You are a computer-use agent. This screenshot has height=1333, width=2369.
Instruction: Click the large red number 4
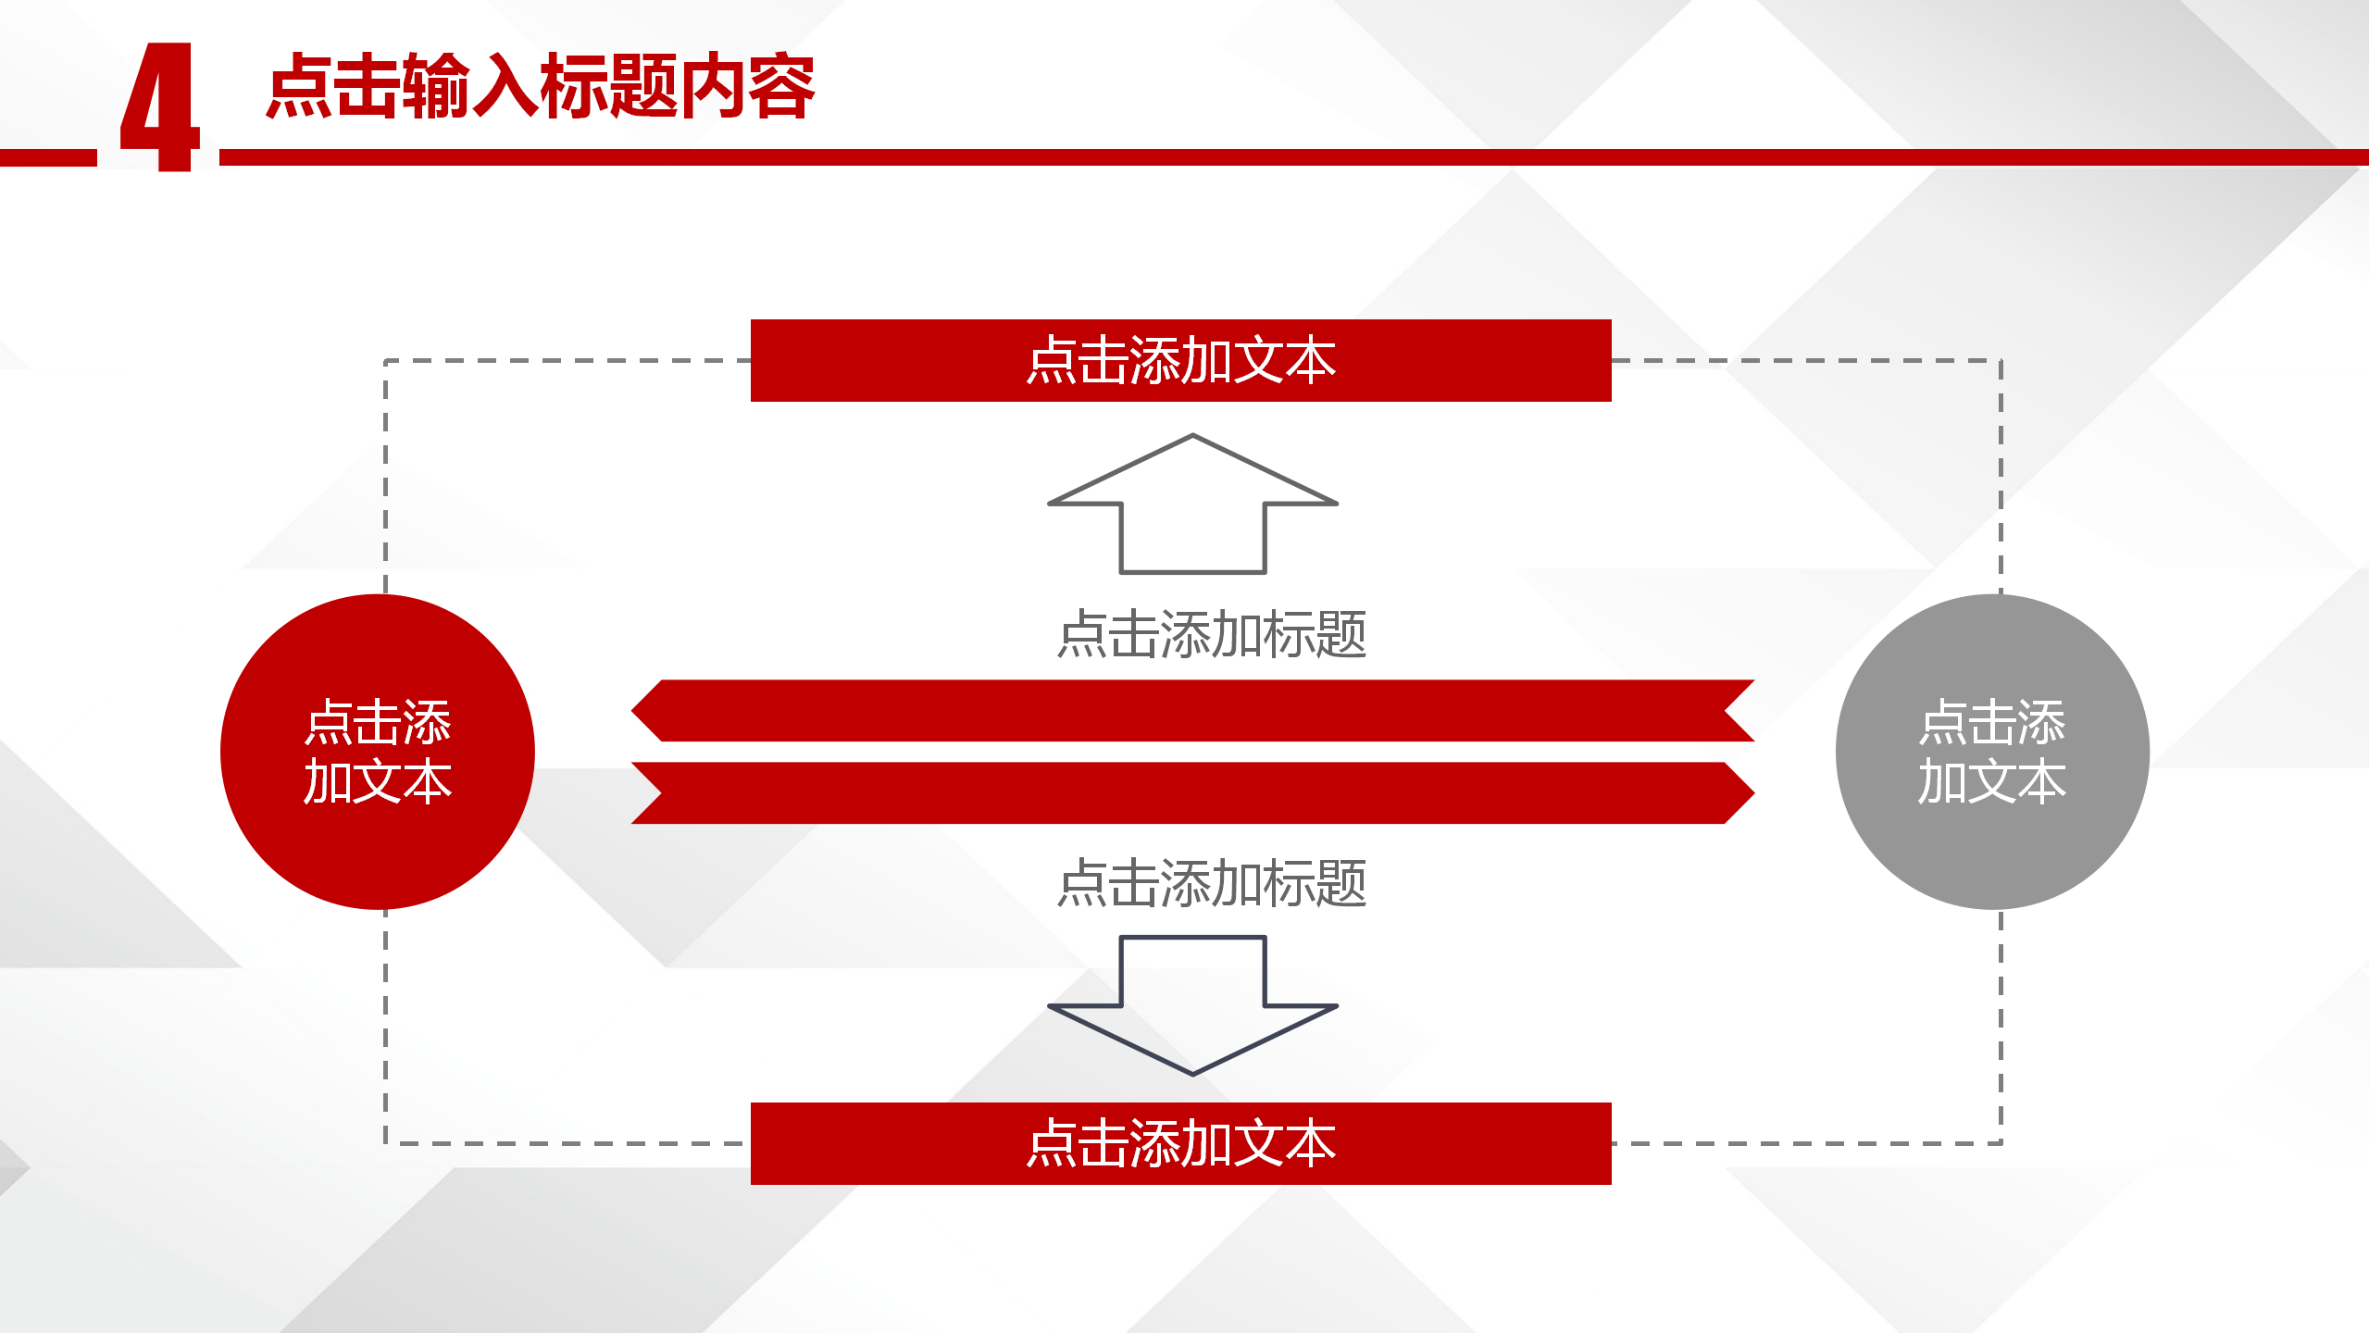click(160, 106)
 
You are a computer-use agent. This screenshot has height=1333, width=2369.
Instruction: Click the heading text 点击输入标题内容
click(541, 86)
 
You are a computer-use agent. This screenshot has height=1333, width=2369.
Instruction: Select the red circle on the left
click(378, 752)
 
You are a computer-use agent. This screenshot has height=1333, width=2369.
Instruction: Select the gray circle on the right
click(1992, 752)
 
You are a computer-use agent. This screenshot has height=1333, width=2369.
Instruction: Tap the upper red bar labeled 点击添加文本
click(1180, 360)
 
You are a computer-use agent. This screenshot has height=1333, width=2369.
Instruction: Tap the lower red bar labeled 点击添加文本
click(1180, 1143)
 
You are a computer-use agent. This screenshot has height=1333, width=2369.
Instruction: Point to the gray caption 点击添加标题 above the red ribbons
click(1212, 634)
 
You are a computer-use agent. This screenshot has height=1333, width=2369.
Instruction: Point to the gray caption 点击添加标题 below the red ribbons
click(1212, 883)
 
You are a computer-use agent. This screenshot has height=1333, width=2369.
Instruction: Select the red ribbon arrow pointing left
click(1192, 711)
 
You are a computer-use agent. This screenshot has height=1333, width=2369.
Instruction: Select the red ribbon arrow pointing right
click(1192, 793)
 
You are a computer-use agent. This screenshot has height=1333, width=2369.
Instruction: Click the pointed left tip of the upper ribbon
click(632, 711)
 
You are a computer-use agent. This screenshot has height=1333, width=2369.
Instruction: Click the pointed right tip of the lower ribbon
click(1753, 793)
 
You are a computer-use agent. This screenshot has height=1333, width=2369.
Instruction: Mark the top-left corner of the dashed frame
click(386, 360)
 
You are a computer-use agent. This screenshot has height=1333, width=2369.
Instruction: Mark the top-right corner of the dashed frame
click(2001, 360)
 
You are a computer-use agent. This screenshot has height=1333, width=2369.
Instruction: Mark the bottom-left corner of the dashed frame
click(386, 1143)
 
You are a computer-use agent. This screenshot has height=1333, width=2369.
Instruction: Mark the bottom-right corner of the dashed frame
click(2001, 1143)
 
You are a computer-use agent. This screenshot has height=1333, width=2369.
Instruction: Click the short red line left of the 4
click(48, 157)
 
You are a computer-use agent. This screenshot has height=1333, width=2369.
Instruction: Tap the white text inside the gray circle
click(1992, 752)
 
